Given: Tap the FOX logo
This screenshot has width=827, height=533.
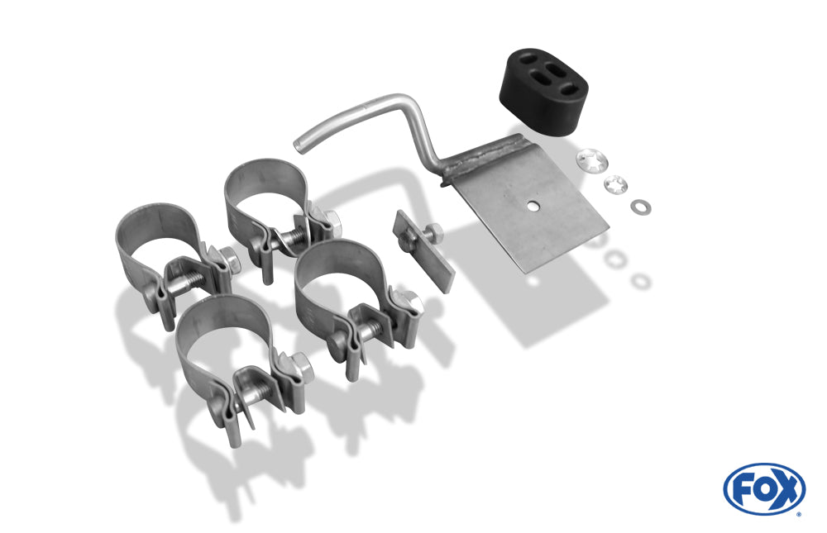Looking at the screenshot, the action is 764,488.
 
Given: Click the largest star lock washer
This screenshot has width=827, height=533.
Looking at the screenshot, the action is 592,160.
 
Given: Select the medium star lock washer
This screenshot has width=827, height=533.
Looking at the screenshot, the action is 615,184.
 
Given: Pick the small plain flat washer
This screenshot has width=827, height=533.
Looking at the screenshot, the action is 640,207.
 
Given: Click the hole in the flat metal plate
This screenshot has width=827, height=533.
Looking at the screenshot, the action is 534,206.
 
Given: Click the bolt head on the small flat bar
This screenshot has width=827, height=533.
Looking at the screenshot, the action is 433,231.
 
